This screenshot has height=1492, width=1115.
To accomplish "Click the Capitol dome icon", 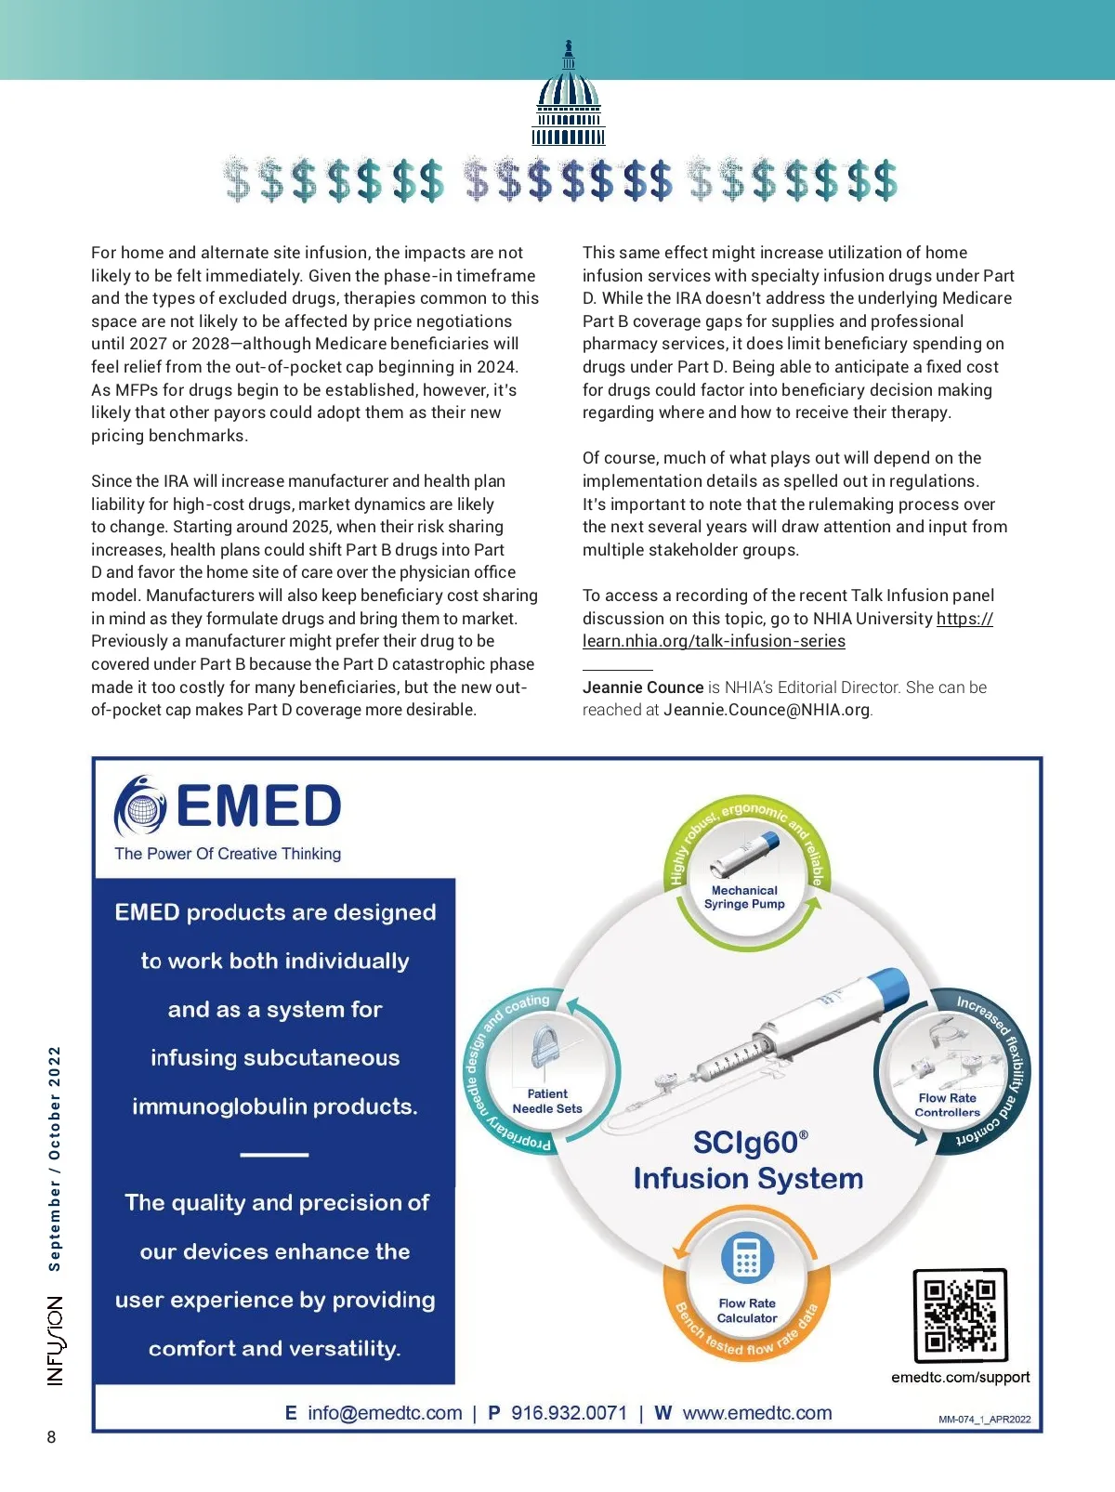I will (568, 96).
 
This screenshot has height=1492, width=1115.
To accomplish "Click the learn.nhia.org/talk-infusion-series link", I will (714, 641).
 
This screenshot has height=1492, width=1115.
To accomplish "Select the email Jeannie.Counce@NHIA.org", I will (767, 710).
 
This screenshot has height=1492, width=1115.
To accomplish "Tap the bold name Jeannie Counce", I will (642, 687).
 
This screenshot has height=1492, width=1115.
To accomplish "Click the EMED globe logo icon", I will (140, 806).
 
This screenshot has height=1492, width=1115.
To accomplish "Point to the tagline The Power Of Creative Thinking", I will (228, 854).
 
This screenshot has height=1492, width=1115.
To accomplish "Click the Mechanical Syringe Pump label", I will (744, 897).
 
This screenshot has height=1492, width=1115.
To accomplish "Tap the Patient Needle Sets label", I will (547, 1101).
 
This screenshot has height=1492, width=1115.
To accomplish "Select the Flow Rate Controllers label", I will (947, 1105).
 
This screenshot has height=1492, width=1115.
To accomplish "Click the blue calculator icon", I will (747, 1258).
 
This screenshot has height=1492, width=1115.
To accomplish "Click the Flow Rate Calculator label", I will (747, 1310).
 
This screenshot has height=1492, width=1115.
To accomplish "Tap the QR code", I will (960, 1315).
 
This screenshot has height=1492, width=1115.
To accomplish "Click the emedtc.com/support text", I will (960, 1377).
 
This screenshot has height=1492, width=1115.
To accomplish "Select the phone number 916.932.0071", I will (569, 1413).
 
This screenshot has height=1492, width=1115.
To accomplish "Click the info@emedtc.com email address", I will (385, 1413).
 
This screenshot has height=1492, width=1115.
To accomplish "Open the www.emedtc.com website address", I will (757, 1413).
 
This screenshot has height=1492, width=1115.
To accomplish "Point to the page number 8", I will (51, 1437).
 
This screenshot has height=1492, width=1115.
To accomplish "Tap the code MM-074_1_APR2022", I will (984, 1420).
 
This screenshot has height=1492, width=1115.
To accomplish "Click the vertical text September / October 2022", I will (55, 1158).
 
